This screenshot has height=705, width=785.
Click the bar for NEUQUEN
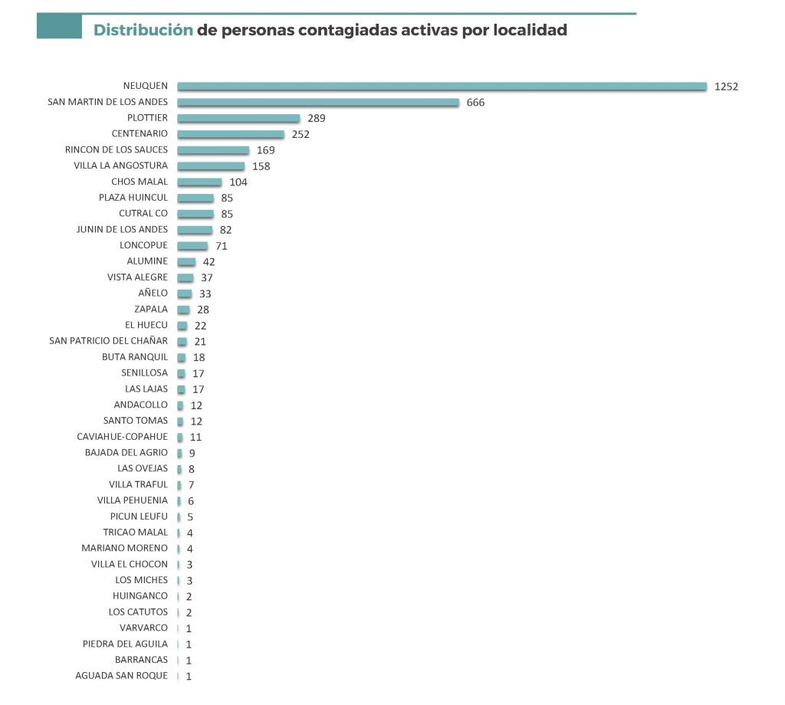442,87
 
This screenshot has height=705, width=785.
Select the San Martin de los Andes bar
318,103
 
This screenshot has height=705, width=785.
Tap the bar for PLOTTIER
238,119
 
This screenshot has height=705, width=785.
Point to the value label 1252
725,87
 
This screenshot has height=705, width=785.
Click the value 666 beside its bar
475,103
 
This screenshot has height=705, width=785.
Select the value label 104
238,182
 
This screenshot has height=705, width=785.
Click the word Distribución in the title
143,31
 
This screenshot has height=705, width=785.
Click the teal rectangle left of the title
59,28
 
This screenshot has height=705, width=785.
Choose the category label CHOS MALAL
140,182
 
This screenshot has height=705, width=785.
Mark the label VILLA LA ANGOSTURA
120,166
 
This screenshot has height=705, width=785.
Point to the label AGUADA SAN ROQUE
121,676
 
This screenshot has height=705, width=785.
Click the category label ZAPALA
151,310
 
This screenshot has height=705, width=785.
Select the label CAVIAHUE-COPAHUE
122,437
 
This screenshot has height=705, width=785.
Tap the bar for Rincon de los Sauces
213,150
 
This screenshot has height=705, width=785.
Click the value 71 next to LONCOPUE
222,246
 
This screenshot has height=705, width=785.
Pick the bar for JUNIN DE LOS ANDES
195,230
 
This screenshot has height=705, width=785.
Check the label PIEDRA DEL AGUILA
125,644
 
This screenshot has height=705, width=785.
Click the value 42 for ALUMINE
209,262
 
